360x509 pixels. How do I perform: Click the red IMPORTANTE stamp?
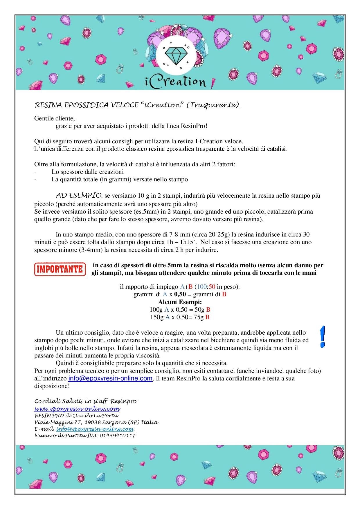[60, 269]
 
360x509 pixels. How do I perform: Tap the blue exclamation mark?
[322, 337]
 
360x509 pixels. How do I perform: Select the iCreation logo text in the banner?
[176, 82]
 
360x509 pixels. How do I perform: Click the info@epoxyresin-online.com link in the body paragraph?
[110, 378]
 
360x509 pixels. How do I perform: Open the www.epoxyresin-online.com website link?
[77, 409]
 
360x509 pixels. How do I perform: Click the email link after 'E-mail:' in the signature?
[95, 429]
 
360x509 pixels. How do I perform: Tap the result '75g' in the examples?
[199, 317]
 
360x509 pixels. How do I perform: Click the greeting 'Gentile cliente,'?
[55, 118]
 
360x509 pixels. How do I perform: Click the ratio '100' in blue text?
[201, 287]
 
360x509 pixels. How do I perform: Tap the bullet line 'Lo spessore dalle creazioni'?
[87, 172]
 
